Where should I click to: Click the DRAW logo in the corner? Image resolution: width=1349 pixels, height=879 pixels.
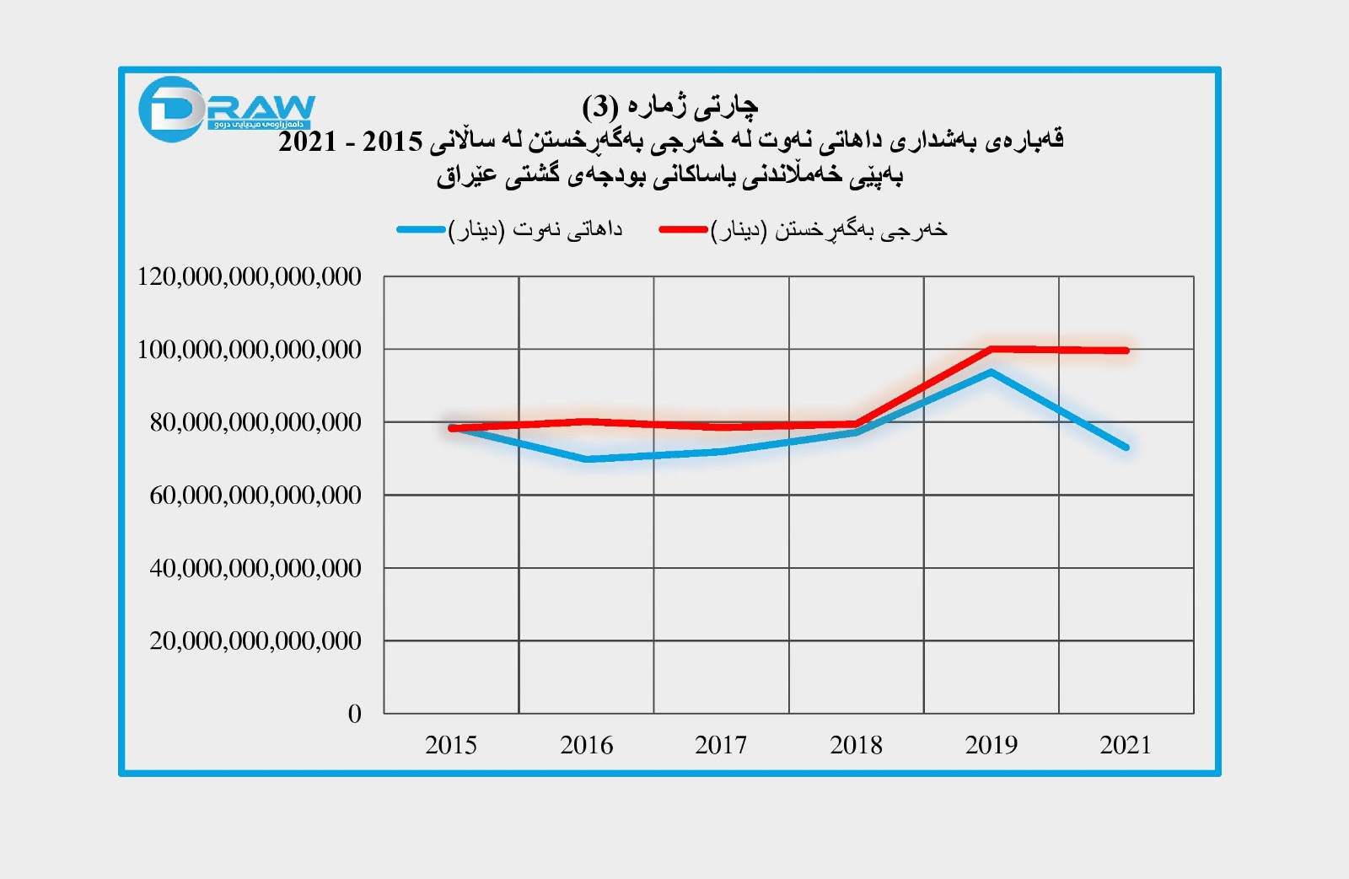pyautogui.click(x=225, y=110)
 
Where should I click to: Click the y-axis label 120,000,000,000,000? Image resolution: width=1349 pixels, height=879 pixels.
pyautogui.click(x=249, y=276)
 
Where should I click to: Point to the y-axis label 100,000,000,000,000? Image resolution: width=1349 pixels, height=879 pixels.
pyautogui.click(x=249, y=349)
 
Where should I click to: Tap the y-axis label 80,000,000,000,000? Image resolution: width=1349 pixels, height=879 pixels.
pyautogui.click(x=255, y=421)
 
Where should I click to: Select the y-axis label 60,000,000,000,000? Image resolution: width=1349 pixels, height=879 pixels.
pyautogui.click(x=255, y=495)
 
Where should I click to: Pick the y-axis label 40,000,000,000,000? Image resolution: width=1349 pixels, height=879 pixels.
pyautogui.click(x=255, y=568)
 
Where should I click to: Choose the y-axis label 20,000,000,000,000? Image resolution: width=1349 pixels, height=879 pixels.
pyautogui.click(x=255, y=640)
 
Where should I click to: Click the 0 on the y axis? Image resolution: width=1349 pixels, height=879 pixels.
pyautogui.click(x=355, y=714)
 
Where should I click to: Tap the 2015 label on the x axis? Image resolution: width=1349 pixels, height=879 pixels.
pyautogui.click(x=451, y=745)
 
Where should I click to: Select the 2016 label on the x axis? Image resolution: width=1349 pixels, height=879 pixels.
pyautogui.click(x=586, y=745)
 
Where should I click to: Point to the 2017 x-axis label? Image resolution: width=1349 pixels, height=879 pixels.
pyautogui.click(x=721, y=745)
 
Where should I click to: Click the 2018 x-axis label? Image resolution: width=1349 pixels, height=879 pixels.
pyautogui.click(x=856, y=745)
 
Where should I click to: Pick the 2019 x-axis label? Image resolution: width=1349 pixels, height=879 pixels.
pyautogui.click(x=991, y=745)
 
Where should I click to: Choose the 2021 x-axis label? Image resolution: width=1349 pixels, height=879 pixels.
pyautogui.click(x=1126, y=745)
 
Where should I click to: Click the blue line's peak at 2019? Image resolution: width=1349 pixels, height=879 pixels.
pyautogui.click(x=991, y=372)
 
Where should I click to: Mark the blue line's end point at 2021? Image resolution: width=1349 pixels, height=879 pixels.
pyautogui.click(x=1126, y=448)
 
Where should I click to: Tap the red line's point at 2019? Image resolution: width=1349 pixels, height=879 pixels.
pyautogui.click(x=991, y=349)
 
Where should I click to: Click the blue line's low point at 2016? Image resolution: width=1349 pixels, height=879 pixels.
pyautogui.click(x=587, y=459)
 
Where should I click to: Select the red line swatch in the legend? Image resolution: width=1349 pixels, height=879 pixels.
pyautogui.click(x=683, y=229)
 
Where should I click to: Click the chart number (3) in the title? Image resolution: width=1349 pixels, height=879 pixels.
pyautogui.click(x=599, y=107)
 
